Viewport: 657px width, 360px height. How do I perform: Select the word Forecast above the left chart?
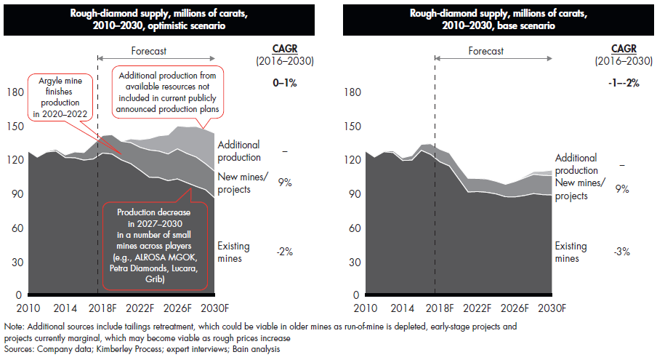click(149, 52)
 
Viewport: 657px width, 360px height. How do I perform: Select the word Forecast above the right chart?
click(486, 52)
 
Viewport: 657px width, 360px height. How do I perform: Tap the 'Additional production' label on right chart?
click(576, 164)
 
